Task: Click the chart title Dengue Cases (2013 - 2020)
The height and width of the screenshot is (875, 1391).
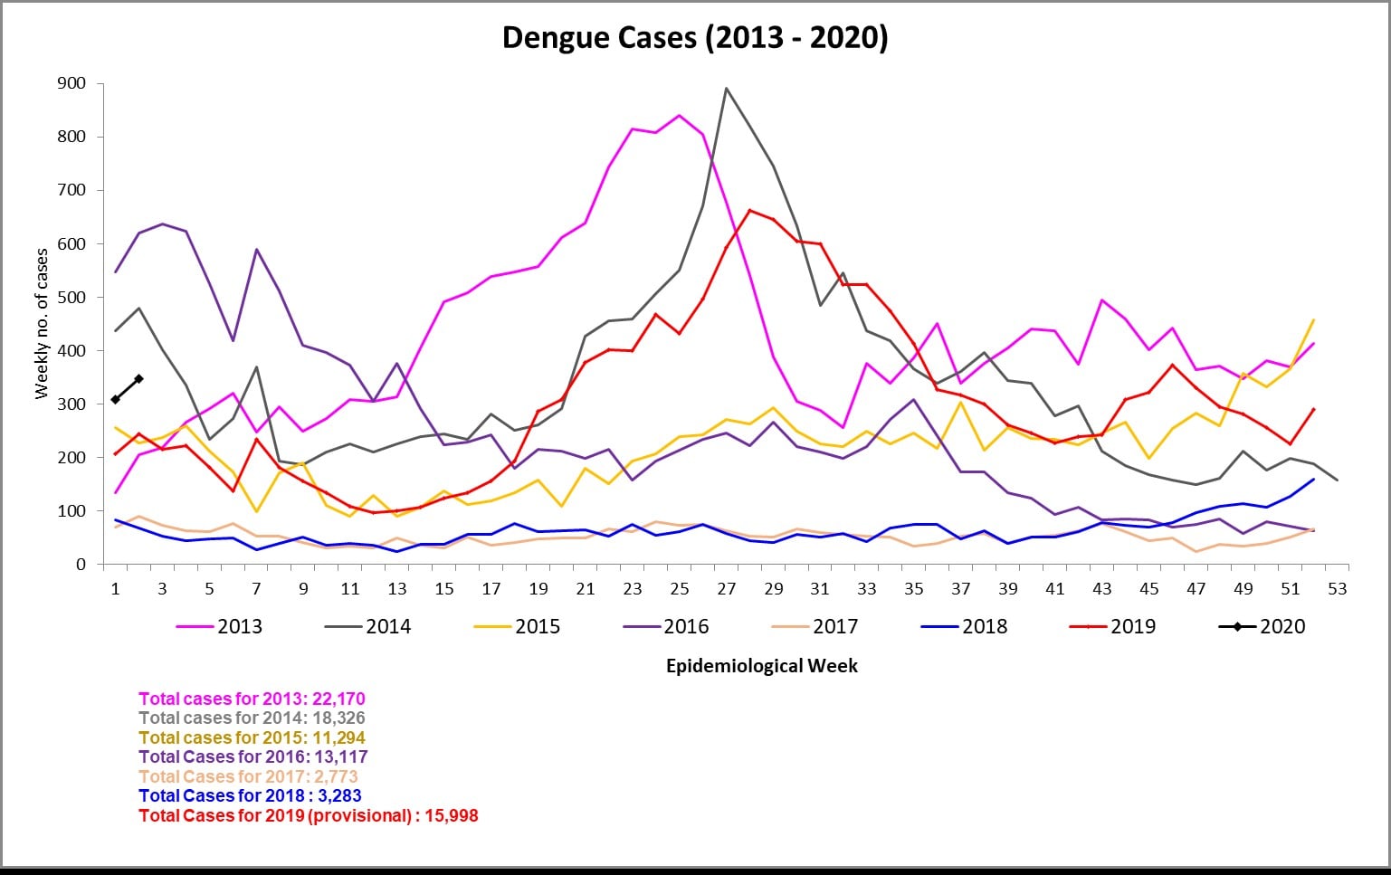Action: pyautogui.click(x=694, y=37)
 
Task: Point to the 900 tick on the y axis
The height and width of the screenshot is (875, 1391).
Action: pyautogui.click(x=71, y=83)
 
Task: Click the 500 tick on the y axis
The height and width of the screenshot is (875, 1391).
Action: pyautogui.click(x=71, y=297)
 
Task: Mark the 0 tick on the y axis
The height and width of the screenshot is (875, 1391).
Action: pyautogui.click(x=81, y=565)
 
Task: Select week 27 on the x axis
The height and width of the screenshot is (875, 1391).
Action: pyautogui.click(x=726, y=589)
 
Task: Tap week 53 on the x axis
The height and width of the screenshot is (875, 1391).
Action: pyautogui.click(x=1337, y=589)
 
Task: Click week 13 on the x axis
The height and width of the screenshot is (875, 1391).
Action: pyautogui.click(x=397, y=589)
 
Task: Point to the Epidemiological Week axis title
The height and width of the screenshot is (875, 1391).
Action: pyautogui.click(x=761, y=666)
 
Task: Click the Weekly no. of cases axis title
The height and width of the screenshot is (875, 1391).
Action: pyautogui.click(x=42, y=324)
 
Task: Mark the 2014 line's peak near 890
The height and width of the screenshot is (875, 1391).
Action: pyautogui.click(x=726, y=89)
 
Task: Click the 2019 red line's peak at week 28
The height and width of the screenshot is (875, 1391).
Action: pyautogui.click(x=749, y=210)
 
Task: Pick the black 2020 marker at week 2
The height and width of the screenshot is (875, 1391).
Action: pyautogui.click(x=138, y=378)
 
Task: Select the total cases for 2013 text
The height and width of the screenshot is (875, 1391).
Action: pyautogui.click(x=252, y=699)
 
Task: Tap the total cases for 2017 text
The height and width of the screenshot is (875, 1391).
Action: pyautogui.click(x=248, y=776)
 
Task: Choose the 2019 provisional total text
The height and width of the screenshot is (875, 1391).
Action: pyautogui.click(x=308, y=815)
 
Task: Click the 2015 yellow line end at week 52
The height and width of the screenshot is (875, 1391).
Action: pyautogui.click(x=1313, y=320)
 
